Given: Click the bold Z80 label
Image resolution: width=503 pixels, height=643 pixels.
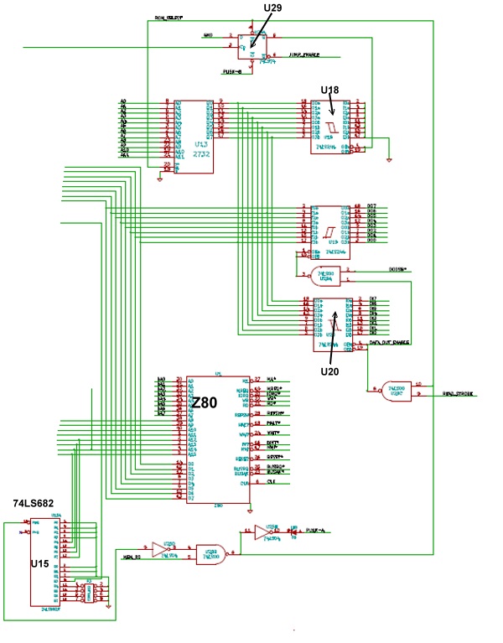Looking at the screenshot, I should (205, 403).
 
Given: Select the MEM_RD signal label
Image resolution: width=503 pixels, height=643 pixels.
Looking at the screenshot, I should (131, 557).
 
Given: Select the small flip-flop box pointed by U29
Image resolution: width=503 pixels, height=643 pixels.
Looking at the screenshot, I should (251, 47).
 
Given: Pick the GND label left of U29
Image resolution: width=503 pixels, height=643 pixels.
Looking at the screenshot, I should (209, 35).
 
